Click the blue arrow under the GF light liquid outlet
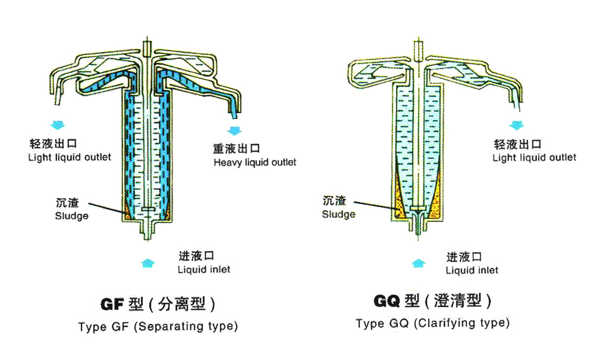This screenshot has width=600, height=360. click(x=58, y=125)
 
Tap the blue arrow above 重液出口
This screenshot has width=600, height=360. click(x=234, y=130)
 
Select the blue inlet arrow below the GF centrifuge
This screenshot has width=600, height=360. click(x=147, y=263)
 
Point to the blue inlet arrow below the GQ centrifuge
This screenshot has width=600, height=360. click(x=419, y=264)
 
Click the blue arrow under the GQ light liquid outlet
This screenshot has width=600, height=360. click(x=517, y=125)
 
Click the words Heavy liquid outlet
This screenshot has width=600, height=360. click(x=255, y=162)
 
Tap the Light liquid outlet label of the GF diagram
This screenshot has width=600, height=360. click(x=70, y=158)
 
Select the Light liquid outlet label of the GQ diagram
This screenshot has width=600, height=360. click(x=534, y=158)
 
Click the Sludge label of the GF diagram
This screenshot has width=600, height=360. click(x=71, y=216)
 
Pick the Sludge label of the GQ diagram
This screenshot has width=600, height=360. click(x=338, y=214)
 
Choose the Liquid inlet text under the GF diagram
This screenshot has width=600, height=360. click(x=204, y=270)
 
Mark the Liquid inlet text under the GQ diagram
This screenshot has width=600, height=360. click(x=472, y=270)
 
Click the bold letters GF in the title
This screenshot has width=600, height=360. click(x=112, y=305)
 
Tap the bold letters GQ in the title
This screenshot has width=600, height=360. click(x=387, y=301)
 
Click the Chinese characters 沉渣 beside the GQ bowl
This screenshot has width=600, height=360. click(x=334, y=201)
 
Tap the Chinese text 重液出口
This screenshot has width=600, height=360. click(x=237, y=149)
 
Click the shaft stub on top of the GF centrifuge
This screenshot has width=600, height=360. click(x=147, y=49)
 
